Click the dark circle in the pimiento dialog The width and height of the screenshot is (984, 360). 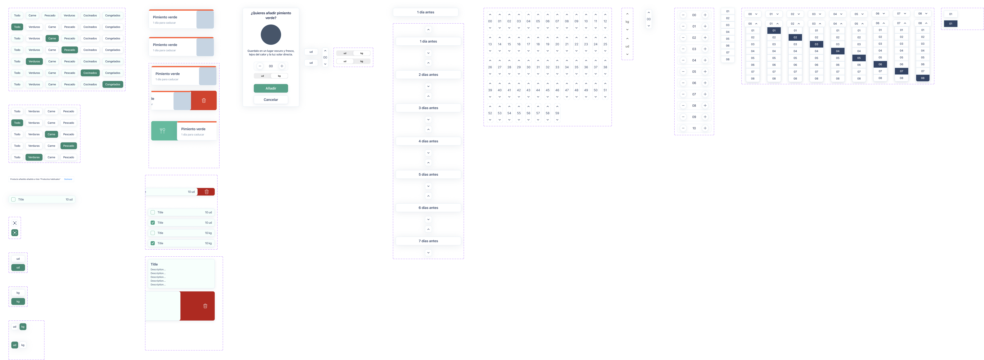tap(271, 35)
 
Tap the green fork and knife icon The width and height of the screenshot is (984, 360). tap(162, 131)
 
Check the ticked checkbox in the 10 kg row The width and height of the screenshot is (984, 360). tap(153, 243)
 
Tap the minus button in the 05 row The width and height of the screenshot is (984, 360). tap(683, 72)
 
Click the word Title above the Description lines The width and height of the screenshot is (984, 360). tap(154, 264)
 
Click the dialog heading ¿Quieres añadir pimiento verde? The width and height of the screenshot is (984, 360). tap(271, 15)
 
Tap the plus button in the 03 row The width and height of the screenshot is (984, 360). tap(705, 49)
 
